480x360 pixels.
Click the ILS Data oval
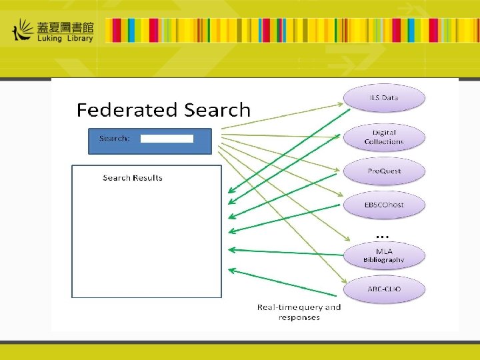click(384, 98)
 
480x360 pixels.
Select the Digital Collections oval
click(384, 137)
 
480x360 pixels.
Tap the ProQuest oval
click(384, 171)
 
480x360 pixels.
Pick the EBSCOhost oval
click(384, 205)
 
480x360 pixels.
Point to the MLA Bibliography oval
click(384, 255)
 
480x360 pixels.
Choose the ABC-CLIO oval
click(384, 289)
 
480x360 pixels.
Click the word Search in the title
click(216, 110)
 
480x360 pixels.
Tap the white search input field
click(167, 139)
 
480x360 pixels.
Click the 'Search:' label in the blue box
click(114, 139)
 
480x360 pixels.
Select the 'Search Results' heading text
click(133, 178)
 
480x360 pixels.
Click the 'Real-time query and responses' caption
click(299, 312)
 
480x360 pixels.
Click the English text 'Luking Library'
click(65, 38)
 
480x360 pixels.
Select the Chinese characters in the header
click(65, 26)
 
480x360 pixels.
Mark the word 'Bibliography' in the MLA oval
click(384, 260)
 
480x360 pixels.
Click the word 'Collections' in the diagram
click(384, 142)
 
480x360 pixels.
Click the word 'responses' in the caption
click(299, 317)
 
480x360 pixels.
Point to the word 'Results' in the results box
click(147, 178)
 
